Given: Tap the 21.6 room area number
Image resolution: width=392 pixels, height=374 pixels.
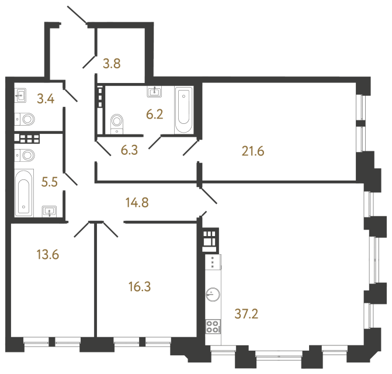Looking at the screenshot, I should point(253,152).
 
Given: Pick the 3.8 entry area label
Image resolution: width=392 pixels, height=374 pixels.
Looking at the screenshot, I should point(112,64).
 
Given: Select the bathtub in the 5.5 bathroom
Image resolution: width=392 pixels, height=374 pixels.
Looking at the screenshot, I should point(25,191).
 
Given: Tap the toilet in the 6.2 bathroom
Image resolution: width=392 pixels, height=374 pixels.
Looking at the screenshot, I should point(118,123).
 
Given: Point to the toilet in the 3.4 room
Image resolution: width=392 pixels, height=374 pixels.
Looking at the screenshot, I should point(26,119).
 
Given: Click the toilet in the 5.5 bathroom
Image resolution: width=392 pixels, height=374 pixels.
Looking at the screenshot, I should point(26,157).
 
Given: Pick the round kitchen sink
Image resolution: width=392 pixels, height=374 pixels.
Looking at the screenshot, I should point(213,296).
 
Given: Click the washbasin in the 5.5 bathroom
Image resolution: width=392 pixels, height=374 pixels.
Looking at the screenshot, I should point(50,210).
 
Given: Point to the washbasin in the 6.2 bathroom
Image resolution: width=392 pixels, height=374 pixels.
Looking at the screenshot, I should point(156,91).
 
